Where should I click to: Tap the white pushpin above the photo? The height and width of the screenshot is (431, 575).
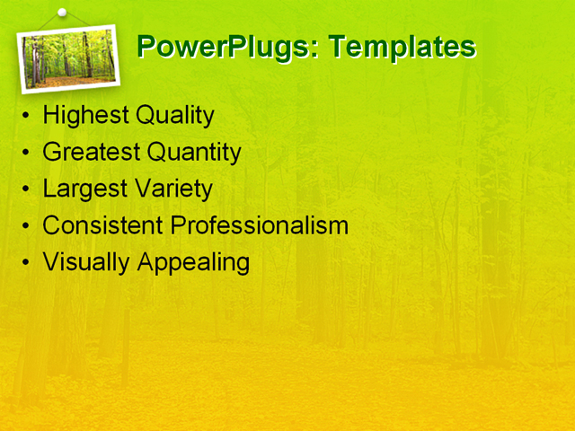(x=62, y=13)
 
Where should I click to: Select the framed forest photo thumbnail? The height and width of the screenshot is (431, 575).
(x=69, y=57)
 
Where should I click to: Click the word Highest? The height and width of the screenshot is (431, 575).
(x=85, y=116)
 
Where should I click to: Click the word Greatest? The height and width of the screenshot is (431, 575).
(x=92, y=153)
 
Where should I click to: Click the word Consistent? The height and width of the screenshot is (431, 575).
(x=102, y=225)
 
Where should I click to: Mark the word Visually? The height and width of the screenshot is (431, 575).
(x=86, y=262)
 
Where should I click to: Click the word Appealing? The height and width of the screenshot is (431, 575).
(x=192, y=262)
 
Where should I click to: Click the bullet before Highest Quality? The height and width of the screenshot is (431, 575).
(x=26, y=117)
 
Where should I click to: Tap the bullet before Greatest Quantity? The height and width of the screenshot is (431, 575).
(x=26, y=154)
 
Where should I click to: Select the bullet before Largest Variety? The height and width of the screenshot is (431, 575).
(x=26, y=190)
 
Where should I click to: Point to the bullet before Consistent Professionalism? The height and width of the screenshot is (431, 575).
(x=26, y=226)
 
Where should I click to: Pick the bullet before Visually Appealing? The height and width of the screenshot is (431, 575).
(x=26, y=263)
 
